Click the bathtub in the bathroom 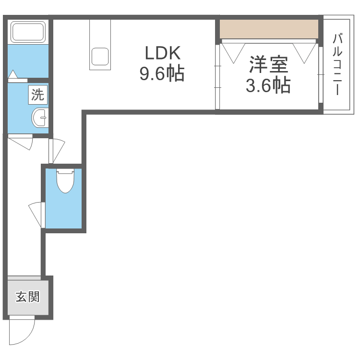click(28, 32)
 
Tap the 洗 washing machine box click(38, 95)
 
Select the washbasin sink click(40, 118)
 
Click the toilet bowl click(65, 180)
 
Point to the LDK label click(163, 53)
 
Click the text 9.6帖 click(162, 74)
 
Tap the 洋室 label click(268, 64)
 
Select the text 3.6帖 click(268, 85)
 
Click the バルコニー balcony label click(337, 64)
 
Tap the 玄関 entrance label click(27, 297)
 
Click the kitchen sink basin click(100, 57)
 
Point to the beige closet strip click(269, 29)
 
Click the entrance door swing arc click(30, 336)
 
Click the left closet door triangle click(233, 53)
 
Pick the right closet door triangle click(304, 53)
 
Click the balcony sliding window click(321, 74)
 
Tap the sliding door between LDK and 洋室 click(217, 77)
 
